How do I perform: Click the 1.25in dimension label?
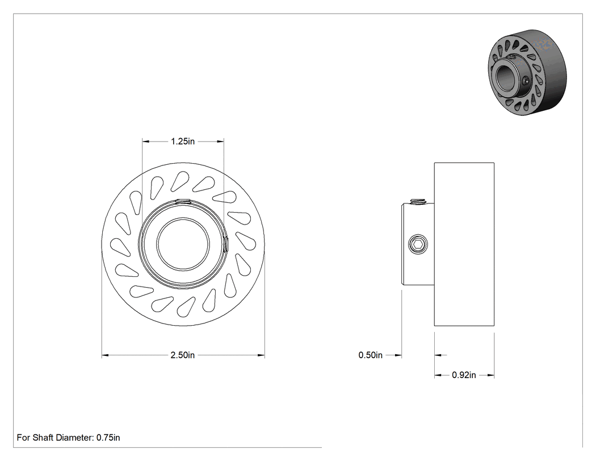tap(182, 141)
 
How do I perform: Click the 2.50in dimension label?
tap(182, 355)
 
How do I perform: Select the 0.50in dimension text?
tap(370, 355)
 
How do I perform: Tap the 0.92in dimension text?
tap(464, 375)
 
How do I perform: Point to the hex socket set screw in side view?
tap(418, 244)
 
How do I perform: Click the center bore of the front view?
tap(183, 244)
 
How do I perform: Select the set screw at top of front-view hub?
tap(183, 201)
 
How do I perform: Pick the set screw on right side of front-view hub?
tap(226, 244)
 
